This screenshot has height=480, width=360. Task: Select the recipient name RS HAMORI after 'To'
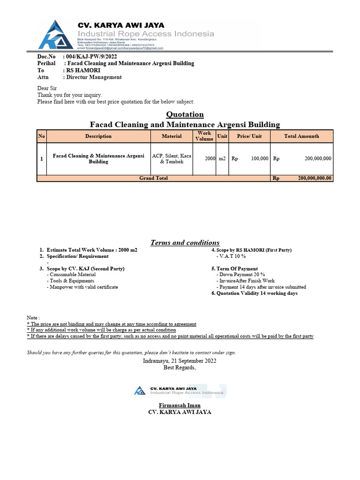point(83,70)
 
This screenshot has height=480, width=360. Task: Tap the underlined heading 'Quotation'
point(185,114)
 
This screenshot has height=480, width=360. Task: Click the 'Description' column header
point(98,136)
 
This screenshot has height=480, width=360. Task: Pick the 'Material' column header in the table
point(172,136)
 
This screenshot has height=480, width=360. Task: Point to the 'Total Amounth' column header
point(301,136)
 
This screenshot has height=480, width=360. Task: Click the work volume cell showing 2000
point(210,159)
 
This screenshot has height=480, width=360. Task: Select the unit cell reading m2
point(222,159)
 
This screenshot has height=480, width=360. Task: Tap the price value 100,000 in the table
point(260,159)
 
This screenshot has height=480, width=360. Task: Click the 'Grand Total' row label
point(154,178)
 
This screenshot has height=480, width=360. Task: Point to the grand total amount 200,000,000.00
point(315,178)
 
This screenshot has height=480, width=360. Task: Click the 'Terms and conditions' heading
point(185,243)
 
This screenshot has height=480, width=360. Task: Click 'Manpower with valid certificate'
point(82,287)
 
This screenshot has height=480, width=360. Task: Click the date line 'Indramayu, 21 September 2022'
point(180,361)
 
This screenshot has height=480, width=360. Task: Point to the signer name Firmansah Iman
point(180,405)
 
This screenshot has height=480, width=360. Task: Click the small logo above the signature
point(140,390)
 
